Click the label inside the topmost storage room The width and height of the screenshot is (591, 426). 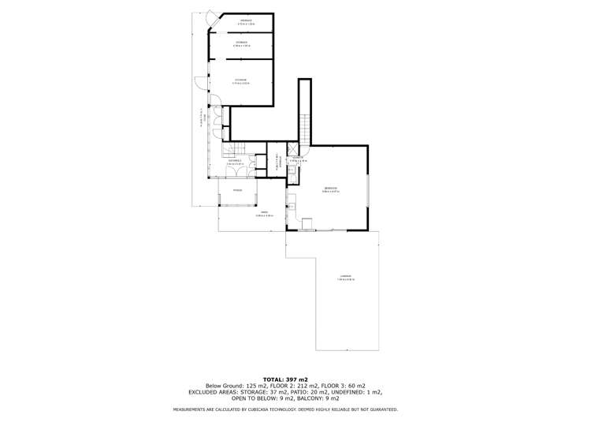(241, 22)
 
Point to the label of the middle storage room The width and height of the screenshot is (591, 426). (241, 43)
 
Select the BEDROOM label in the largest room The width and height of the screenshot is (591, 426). (331, 189)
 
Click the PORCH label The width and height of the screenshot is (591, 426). (236, 190)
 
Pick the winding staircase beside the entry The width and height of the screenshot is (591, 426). (234, 150)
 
